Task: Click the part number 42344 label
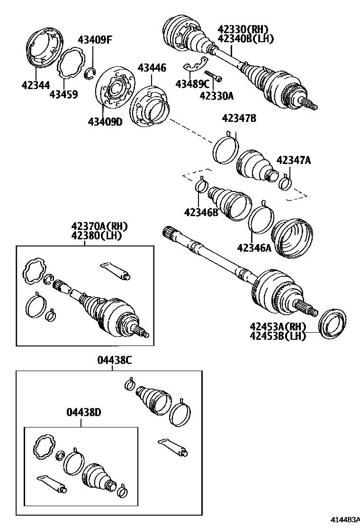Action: (x=36, y=85)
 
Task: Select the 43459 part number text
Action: (x=63, y=94)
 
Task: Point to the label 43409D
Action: (x=105, y=122)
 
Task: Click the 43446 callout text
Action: (x=152, y=68)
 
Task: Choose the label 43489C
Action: (x=192, y=84)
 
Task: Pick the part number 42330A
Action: (x=216, y=96)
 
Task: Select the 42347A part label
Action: (x=294, y=160)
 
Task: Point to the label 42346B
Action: (x=201, y=212)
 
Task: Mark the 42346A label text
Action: (x=254, y=247)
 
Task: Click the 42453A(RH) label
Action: (x=278, y=327)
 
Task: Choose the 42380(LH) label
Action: (x=99, y=235)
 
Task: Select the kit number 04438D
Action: (x=83, y=412)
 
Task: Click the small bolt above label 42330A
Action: (x=213, y=75)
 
